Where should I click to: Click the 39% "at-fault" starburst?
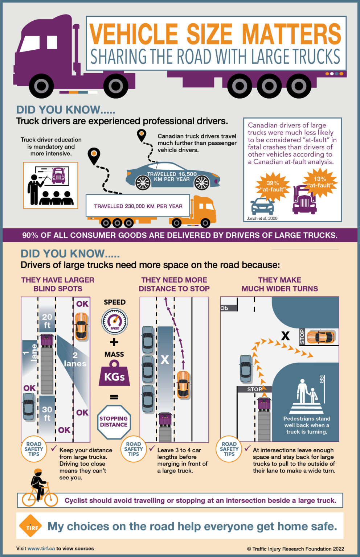pyautogui.click(x=273, y=186)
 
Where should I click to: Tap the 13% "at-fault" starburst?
pyautogui.click(x=320, y=182)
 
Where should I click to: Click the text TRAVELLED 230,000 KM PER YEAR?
pyautogui.click(x=138, y=206)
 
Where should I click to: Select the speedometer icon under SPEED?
pyautogui.click(x=114, y=321)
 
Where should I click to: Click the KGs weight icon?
pyautogui.click(x=114, y=374)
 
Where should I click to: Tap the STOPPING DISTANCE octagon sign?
pyautogui.click(x=114, y=422)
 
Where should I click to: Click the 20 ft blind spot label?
pyautogui.click(x=47, y=321)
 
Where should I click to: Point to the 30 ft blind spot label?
pyautogui.click(x=47, y=413)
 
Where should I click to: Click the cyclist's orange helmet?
pyautogui.click(x=38, y=471)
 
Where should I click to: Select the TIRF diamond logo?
pyautogui.click(x=31, y=526)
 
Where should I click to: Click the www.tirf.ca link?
pyautogui.click(x=41, y=548)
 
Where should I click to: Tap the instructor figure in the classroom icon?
pyautogui.click(x=34, y=189)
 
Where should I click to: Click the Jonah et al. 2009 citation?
pyautogui.click(x=262, y=218)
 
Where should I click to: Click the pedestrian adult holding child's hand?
pyautogui.click(x=302, y=391)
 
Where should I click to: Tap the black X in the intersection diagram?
pyautogui.click(x=285, y=336)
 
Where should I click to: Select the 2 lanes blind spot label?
pyautogui.click(x=75, y=359)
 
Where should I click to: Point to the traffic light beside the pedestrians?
pyautogui.click(x=322, y=379)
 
